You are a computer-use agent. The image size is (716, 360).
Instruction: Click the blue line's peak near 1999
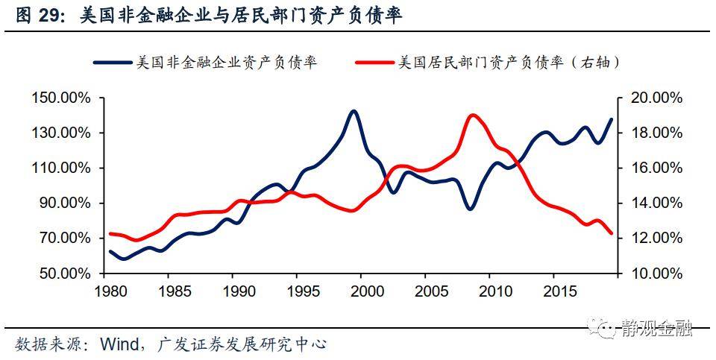(354, 112)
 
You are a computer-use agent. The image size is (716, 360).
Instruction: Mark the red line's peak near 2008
(473, 116)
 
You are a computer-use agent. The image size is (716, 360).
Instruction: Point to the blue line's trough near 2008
(471, 209)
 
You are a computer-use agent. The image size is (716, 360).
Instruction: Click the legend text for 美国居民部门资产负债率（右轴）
(509, 63)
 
